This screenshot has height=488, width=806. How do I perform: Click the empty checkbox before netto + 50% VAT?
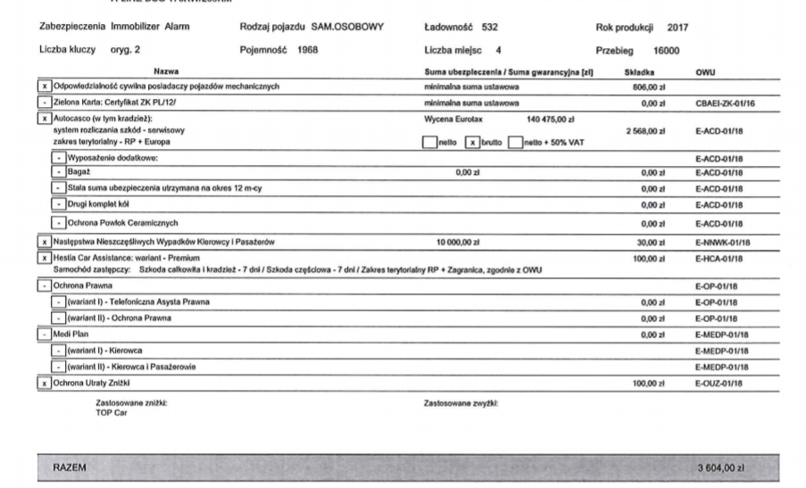coord(517,142)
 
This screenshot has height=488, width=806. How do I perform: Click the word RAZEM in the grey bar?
coord(70,467)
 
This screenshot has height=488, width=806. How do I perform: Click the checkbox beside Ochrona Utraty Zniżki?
coord(43,383)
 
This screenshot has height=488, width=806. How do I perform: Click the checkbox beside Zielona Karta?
coord(43,103)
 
